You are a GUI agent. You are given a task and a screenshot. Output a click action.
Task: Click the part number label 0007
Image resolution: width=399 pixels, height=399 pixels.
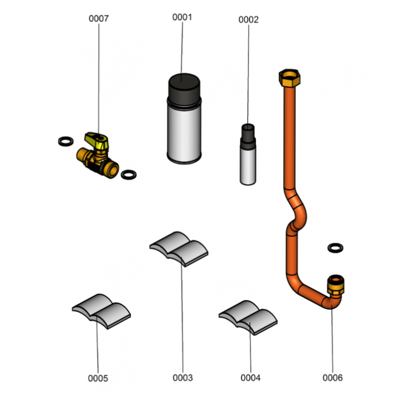coord(98,18)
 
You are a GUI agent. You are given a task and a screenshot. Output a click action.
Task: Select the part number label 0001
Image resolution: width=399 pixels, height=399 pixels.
coord(182,17)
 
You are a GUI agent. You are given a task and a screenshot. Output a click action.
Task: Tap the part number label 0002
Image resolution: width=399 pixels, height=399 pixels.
coord(248,19)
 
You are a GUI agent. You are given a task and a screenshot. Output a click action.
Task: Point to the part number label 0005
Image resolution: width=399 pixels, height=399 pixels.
coord(98,378)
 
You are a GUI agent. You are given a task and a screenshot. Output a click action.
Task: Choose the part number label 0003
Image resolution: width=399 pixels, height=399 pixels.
coord(183,378)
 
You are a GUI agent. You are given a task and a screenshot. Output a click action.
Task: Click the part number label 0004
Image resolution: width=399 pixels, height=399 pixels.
coord(250,378)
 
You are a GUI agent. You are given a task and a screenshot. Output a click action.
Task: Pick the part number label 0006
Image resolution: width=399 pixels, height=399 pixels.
coord(333,378)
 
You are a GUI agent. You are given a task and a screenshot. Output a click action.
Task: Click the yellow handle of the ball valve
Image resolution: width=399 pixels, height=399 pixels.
coord(97,141)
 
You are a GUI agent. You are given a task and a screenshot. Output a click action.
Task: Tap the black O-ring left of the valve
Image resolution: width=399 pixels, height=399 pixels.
coord(66,141)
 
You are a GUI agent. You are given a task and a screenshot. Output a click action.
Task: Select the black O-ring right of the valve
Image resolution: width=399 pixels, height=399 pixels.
coord(129,175)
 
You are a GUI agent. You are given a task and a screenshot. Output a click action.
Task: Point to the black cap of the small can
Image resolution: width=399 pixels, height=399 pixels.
coord(248,136)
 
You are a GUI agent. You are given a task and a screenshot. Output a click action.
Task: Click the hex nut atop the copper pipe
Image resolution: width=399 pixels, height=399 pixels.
coord(290,78)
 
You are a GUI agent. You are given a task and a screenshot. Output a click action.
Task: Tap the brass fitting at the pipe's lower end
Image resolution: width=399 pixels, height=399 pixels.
coord(336,284)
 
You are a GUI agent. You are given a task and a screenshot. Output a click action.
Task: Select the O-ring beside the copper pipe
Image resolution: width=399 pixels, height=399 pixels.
coord(335,248)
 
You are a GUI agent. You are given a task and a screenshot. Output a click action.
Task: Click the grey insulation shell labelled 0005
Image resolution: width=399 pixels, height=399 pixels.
coord(102,311)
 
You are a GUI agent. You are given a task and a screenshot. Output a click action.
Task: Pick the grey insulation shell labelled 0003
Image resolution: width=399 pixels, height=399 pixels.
coord(179,248)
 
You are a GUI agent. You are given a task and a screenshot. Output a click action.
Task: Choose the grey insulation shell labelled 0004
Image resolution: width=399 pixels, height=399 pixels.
coord(248,317)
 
